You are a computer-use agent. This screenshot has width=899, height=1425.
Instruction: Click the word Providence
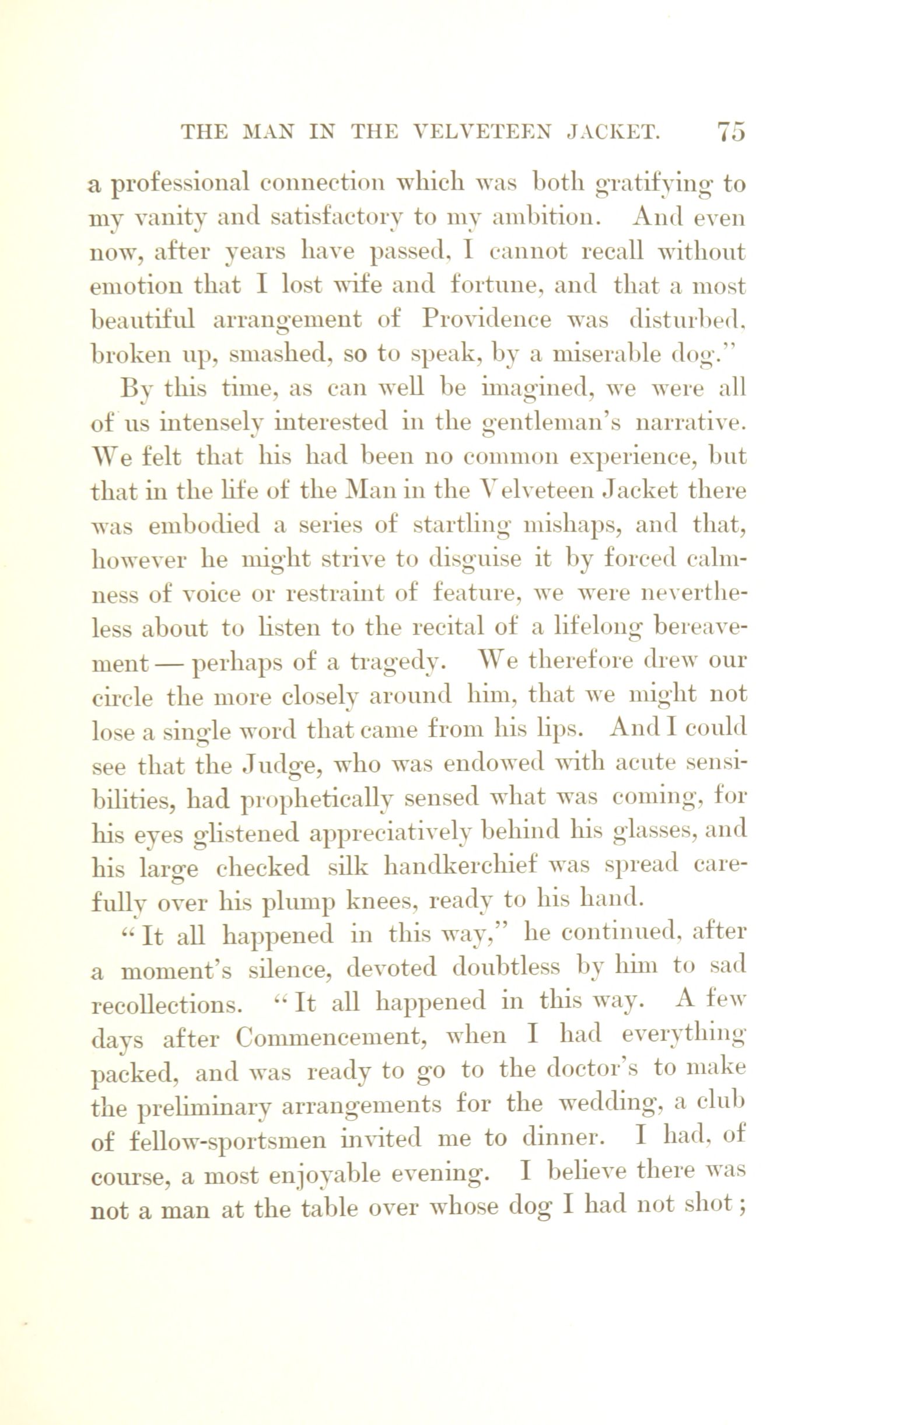(x=486, y=320)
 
